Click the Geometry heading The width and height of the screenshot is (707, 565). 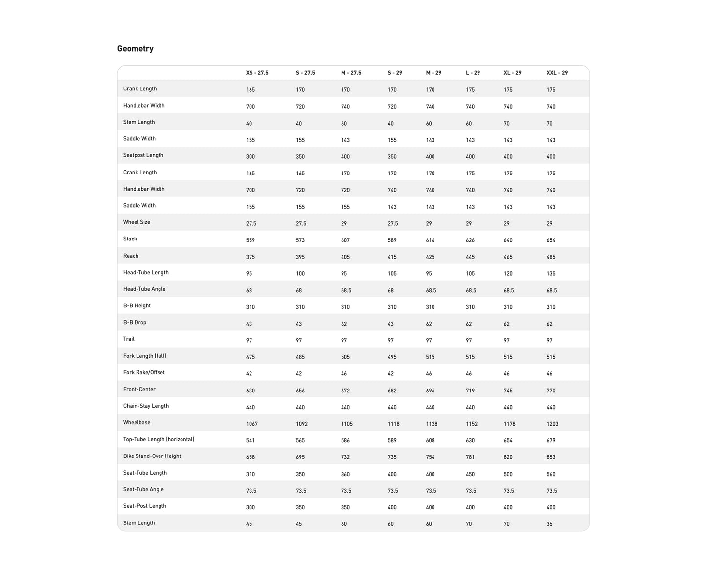coord(135,49)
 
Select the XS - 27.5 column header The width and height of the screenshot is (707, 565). coord(257,73)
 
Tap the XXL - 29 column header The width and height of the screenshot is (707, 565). coord(557,73)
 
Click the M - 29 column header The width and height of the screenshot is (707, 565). coord(433,73)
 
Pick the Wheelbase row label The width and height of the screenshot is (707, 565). coord(137,423)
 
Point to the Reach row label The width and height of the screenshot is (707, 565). coord(131,256)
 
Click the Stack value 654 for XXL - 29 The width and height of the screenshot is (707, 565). coord(551,240)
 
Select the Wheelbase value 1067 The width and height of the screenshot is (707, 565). coord(251,424)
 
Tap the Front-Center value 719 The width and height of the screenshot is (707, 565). coord(470,391)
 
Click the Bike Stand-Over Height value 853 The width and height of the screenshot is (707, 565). coord(551,457)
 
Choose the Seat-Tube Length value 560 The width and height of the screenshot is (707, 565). coord(551,474)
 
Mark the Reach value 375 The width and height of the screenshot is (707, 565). coord(250,257)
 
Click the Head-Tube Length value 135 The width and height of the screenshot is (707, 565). coord(551,274)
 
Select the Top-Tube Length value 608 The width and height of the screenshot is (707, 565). coord(430,441)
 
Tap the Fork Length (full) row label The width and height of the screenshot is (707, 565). coord(144,356)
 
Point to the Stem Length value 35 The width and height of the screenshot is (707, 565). coord(549,524)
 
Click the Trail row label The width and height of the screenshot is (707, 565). coord(129,339)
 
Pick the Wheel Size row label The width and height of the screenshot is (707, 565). coord(137,222)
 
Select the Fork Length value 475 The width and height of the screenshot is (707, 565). coord(250,357)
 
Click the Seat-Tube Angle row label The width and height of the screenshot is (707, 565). coord(143,490)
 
